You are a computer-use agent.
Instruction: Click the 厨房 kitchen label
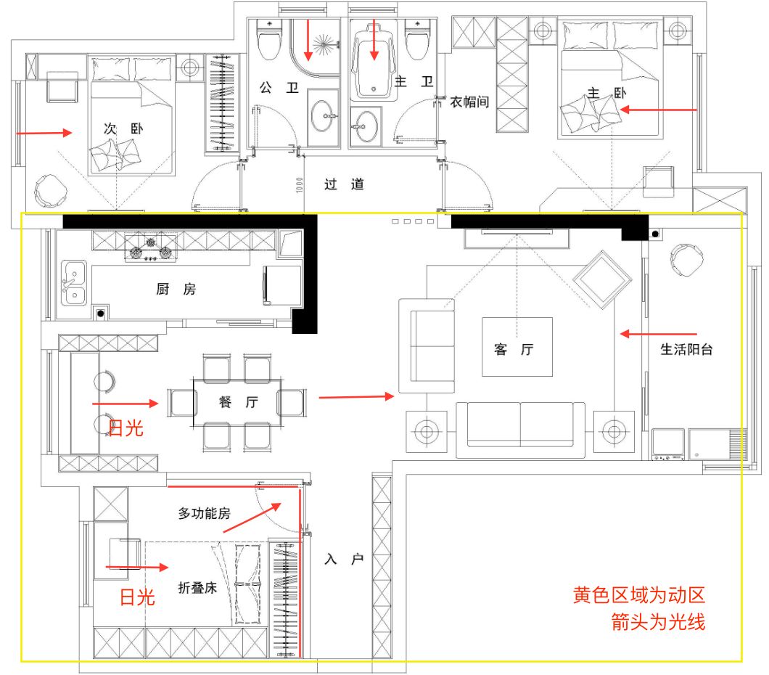pos(176,289)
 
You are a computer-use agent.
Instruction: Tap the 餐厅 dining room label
pos(239,402)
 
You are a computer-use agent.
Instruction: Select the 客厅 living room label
pos(514,349)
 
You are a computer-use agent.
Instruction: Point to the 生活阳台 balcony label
pos(686,349)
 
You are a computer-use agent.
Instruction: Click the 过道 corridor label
pos(344,184)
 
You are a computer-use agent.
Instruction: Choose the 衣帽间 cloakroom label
pos(469,102)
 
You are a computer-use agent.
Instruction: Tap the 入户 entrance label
pos(344,559)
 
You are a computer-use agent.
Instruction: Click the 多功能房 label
pos(204,513)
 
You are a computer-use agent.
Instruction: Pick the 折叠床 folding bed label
pos(197,587)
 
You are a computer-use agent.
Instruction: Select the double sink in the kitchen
pos(73,283)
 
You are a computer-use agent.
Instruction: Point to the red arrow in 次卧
pos(44,132)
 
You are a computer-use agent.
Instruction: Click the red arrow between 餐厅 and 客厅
pos(356,396)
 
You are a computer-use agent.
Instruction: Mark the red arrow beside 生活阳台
pos(658,334)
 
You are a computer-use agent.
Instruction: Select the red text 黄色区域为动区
pos(639,595)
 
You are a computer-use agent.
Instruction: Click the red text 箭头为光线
pos(658,622)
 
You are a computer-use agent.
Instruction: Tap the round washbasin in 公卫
pos(321,116)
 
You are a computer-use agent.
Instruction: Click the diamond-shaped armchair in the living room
pos(602,280)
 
